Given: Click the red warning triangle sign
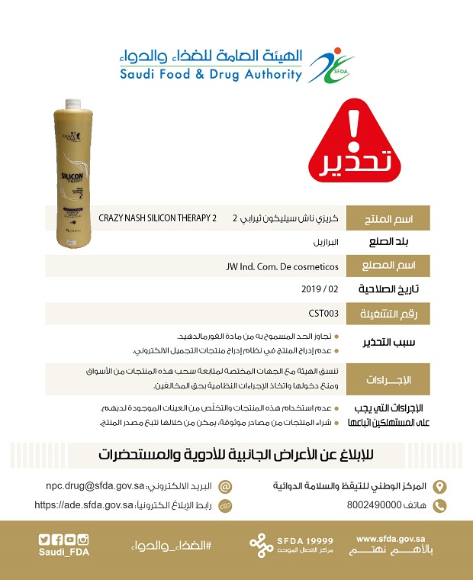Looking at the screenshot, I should [352, 145].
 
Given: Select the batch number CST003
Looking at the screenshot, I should [323, 313].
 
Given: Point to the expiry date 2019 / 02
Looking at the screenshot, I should [320, 289].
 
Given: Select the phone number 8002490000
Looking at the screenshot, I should [373, 505].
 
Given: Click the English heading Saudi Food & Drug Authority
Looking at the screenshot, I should [210, 75].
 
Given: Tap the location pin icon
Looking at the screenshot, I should [439, 486].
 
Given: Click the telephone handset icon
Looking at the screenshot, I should [439, 505].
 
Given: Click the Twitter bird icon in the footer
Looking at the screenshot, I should [44, 540].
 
